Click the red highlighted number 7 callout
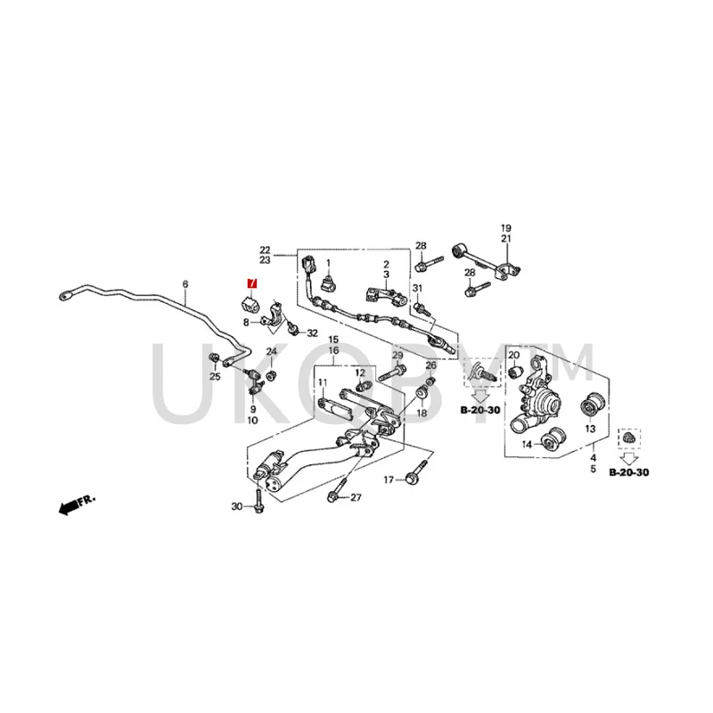251,283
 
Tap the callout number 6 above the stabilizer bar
185,285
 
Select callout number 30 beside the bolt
236,507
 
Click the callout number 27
356,497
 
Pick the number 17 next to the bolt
389,480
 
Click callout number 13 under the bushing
589,430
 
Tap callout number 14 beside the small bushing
528,444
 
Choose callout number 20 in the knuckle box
513,355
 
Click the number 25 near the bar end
214,377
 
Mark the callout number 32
312,333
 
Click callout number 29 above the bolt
397,356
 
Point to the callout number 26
430,365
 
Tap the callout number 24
272,354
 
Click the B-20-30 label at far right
629,471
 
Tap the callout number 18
422,414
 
